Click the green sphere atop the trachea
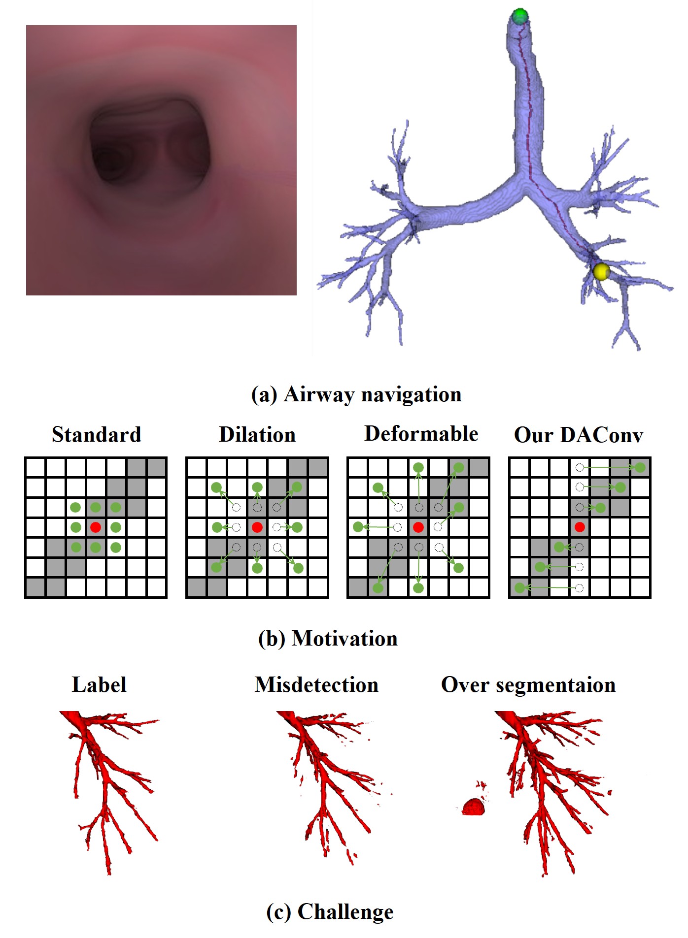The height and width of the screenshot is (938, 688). tap(519, 16)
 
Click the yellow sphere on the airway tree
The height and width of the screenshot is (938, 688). tap(601, 271)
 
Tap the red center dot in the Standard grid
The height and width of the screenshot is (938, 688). tap(96, 527)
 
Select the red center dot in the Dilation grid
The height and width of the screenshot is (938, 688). tap(257, 527)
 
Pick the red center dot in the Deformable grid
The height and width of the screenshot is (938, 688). tap(418, 527)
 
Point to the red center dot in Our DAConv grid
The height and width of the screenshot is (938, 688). tap(580, 527)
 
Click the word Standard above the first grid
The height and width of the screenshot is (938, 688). tap(97, 435)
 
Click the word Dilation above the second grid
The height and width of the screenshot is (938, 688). tap(257, 435)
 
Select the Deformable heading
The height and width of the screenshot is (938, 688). tap(421, 434)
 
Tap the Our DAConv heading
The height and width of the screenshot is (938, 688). tap(579, 435)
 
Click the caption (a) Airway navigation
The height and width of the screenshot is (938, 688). tap(356, 394)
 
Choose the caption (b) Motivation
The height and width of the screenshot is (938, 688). tap(328, 639)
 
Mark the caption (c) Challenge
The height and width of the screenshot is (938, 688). tap(330, 911)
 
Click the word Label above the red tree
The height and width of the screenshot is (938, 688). tap(99, 685)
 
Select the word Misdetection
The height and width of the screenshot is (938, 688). tap(316, 685)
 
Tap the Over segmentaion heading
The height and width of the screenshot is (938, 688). tap(528, 685)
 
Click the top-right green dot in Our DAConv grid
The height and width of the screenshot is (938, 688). tap(640, 467)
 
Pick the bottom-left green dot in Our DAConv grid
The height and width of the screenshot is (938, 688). tap(519, 587)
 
